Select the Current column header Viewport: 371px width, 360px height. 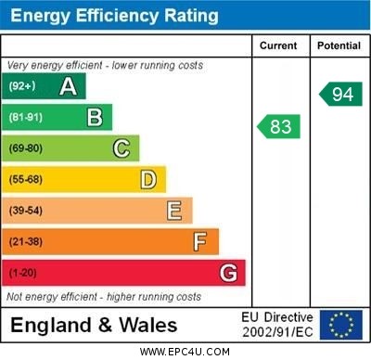[278, 45]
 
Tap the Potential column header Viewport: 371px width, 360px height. [339, 45]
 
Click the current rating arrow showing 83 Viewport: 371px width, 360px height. [278, 125]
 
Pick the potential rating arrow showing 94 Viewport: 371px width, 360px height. [340, 94]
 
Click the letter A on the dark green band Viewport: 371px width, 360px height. [68, 86]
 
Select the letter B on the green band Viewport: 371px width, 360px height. [95, 117]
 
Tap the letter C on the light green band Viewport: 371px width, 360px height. [122, 148]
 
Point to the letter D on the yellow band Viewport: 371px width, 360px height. [148, 179]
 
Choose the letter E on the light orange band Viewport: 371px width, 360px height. [174, 211]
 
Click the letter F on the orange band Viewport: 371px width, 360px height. [200, 242]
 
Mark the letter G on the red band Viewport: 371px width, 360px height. [228, 273]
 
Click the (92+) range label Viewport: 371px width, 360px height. [21, 86]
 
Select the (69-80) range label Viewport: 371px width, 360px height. [26, 148]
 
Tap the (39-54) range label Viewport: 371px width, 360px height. [26, 211]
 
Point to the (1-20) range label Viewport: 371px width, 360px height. [23, 273]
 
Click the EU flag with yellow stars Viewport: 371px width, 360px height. [341, 325]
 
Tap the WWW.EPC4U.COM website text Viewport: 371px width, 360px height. [185, 353]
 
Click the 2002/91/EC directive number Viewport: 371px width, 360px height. [277, 332]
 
